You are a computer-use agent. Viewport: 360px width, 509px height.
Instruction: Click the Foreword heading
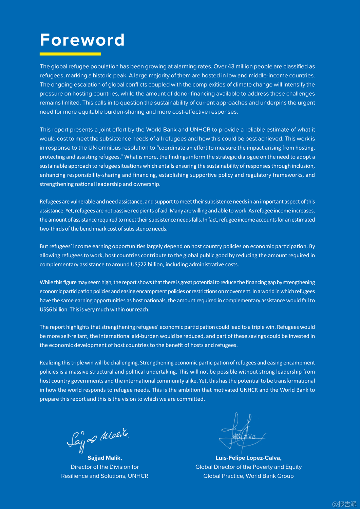[x=82, y=40]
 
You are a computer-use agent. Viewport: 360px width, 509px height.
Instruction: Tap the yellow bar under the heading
[x=70, y=54]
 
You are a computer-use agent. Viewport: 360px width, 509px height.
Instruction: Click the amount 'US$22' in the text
[x=138, y=264]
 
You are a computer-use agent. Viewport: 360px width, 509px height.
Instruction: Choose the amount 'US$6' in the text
[x=46, y=309]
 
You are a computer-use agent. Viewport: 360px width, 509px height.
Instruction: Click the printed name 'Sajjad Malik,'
[x=105, y=458]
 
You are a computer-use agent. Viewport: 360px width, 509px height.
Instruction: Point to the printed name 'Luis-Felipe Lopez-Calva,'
[x=248, y=458]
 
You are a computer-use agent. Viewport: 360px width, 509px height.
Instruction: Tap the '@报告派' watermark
[x=344, y=504]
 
